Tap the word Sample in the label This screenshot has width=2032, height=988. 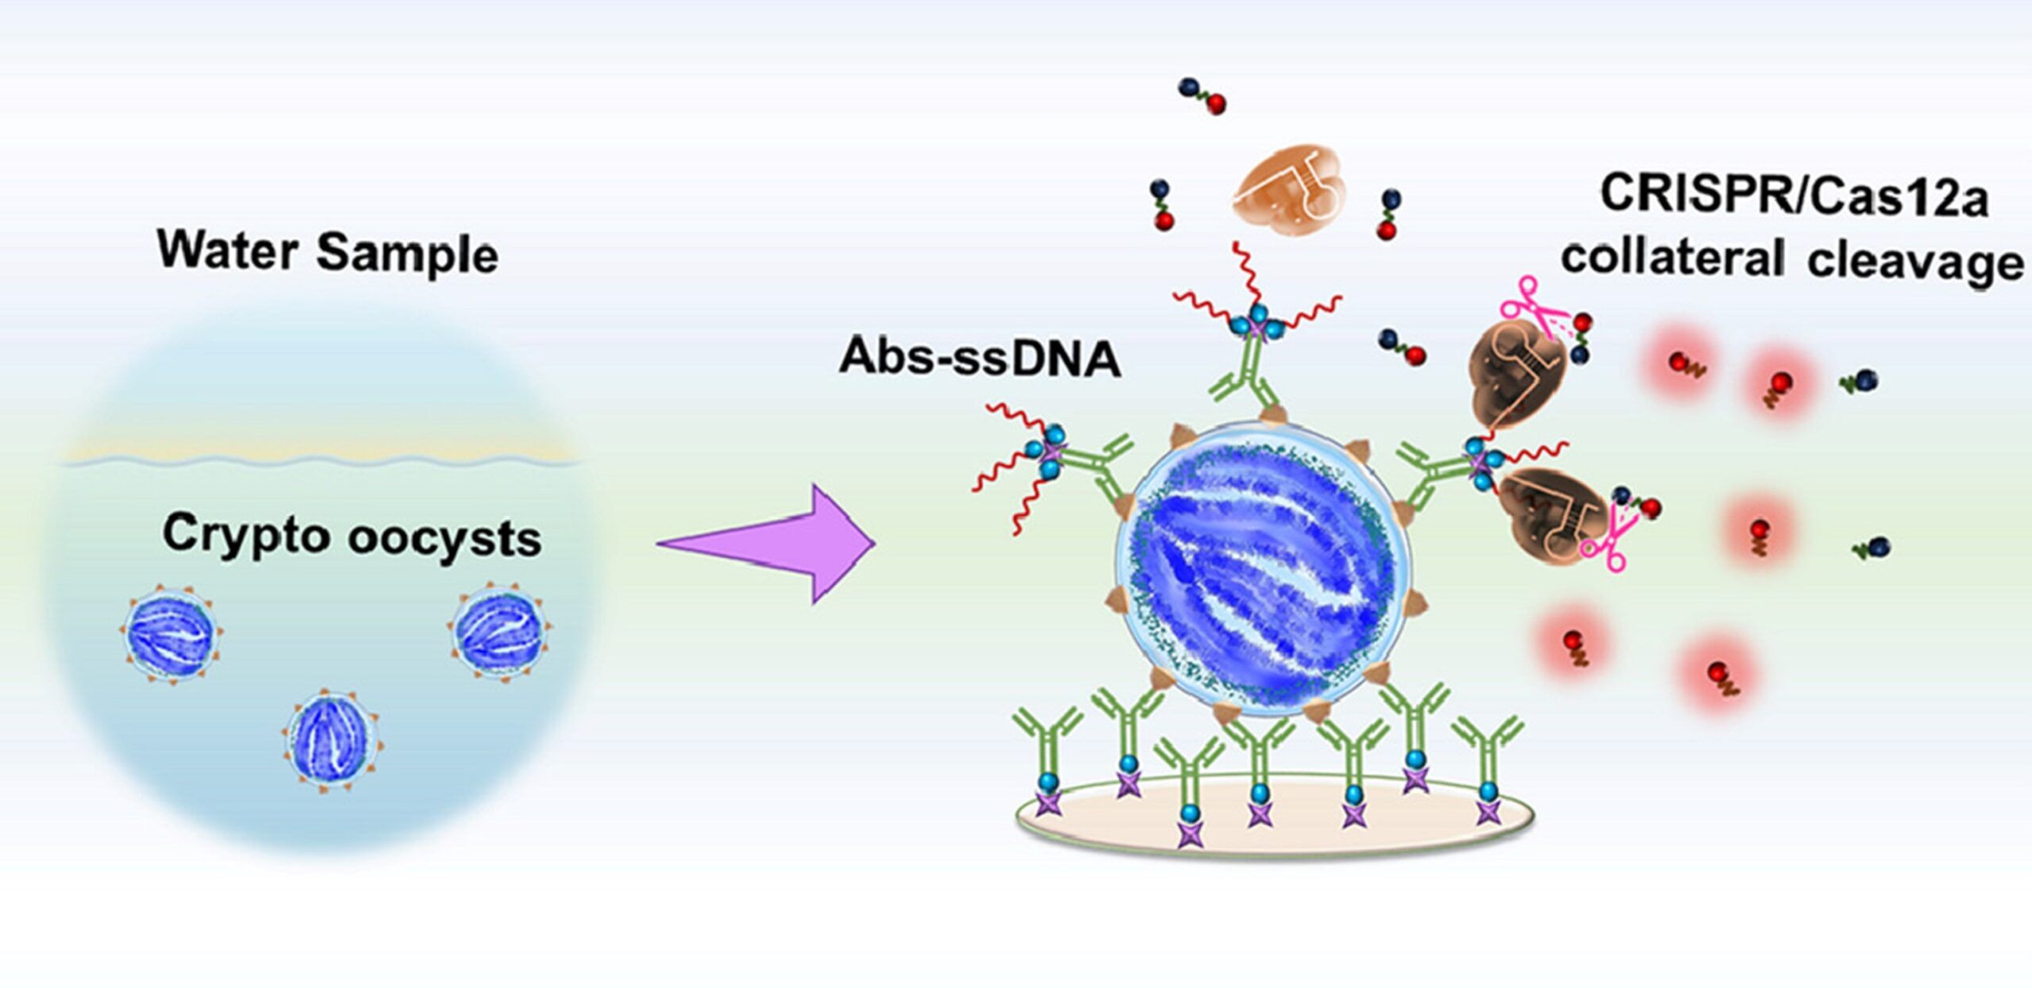(407, 255)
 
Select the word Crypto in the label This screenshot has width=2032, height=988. (246, 534)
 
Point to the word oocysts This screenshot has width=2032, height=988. (444, 540)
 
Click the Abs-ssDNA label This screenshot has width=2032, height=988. (979, 356)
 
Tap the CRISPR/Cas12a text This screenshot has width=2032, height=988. (1794, 195)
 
